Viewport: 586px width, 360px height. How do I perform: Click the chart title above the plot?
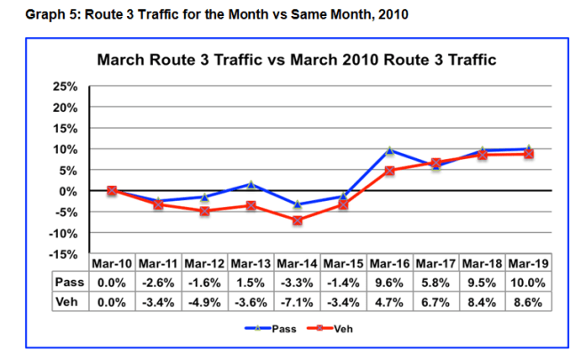tap(295, 60)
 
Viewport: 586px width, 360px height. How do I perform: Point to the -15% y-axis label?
tap(65, 254)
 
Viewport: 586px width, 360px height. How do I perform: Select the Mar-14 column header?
tap(298, 264)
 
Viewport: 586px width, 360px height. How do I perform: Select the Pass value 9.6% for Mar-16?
tap(390, 283)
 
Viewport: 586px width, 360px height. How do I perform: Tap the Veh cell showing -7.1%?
tap(298, 301)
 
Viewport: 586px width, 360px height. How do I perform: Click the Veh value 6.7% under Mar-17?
tap(437, 301)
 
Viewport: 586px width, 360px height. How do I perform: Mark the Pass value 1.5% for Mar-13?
tap(252, 283)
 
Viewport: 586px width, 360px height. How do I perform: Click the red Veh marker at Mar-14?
tap(298, 220)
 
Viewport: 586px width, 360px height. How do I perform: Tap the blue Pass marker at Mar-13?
tap(252, 184)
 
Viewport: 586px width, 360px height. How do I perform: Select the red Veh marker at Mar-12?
tap(205, 211)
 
